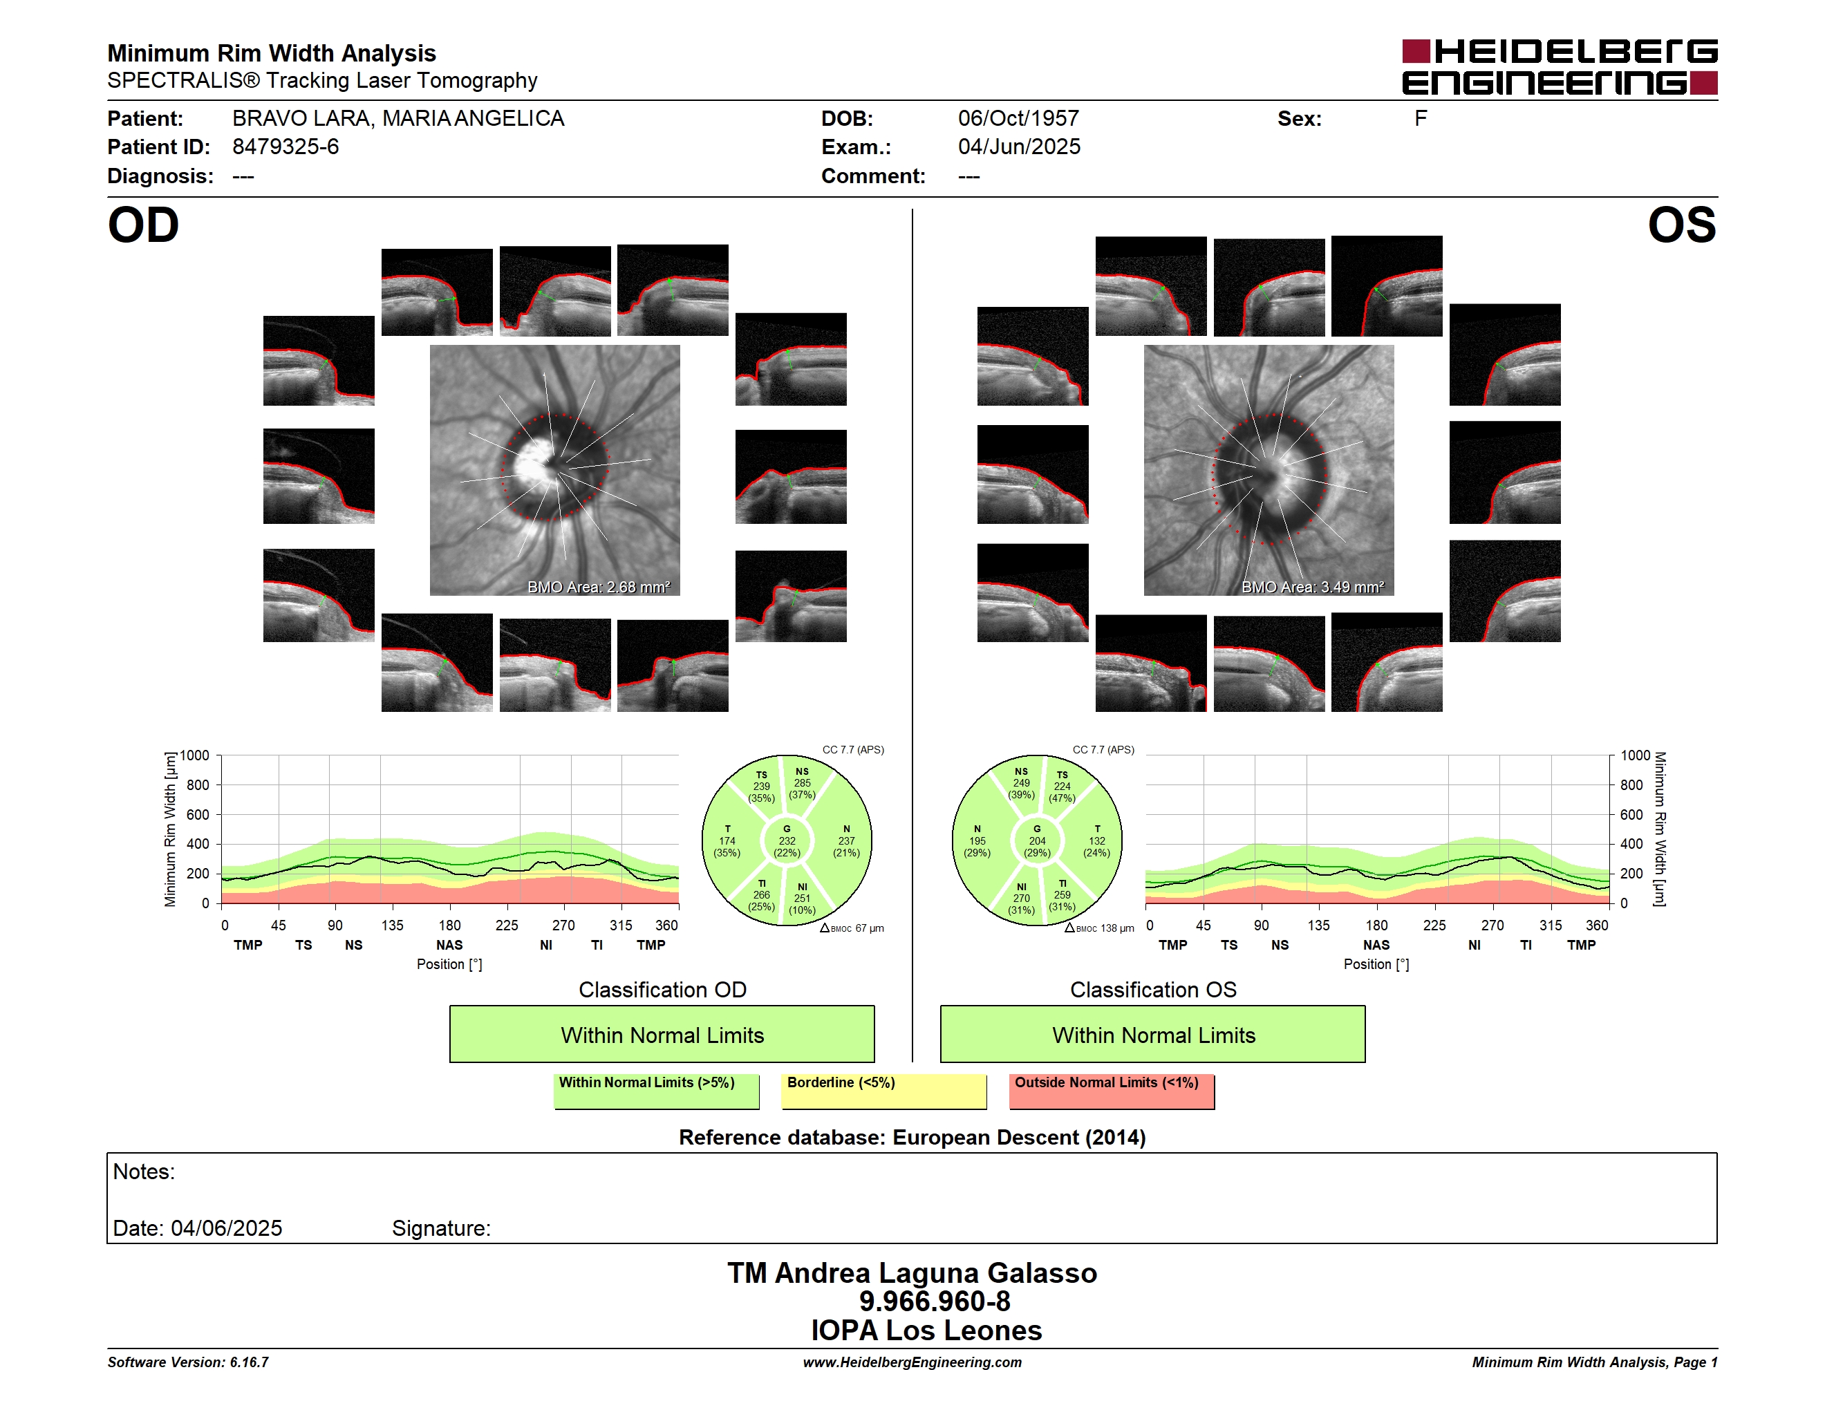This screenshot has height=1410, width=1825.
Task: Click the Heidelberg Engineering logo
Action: (x=1560, y=67)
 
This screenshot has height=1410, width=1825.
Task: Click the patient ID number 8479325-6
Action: (x=286, y=147)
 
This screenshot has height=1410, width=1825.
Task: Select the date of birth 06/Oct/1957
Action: (x=1019, y=119)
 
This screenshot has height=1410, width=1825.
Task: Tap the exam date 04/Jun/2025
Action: (x=1019, y=147)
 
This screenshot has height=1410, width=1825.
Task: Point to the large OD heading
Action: (x=143, y=225)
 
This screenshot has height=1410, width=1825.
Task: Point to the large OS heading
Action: (x=1682, y=225)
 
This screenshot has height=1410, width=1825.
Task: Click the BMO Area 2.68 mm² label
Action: (x=598, y=587)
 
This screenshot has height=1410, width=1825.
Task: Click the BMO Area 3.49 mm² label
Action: (x=1313, y=587)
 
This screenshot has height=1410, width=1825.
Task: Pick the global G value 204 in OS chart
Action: (x=1037, y=841)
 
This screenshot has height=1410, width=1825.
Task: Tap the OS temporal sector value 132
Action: (x=1097, y=841)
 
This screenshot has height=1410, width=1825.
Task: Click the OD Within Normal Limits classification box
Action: (x=662, y=1034)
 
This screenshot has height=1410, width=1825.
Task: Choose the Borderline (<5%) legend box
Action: (x=884, y=1091)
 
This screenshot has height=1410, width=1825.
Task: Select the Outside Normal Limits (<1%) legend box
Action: (x=1112, y=1091)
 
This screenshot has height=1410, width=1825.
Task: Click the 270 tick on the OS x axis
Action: (x=1492, y=925)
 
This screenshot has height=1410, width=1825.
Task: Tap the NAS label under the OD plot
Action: (x=449, y=946)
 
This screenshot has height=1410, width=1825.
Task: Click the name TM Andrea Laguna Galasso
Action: (x=912, y=1273)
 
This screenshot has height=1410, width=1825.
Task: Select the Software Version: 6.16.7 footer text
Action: (x=188, y=1362)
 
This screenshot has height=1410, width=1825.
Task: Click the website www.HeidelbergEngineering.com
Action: (x=912, y=1362)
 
